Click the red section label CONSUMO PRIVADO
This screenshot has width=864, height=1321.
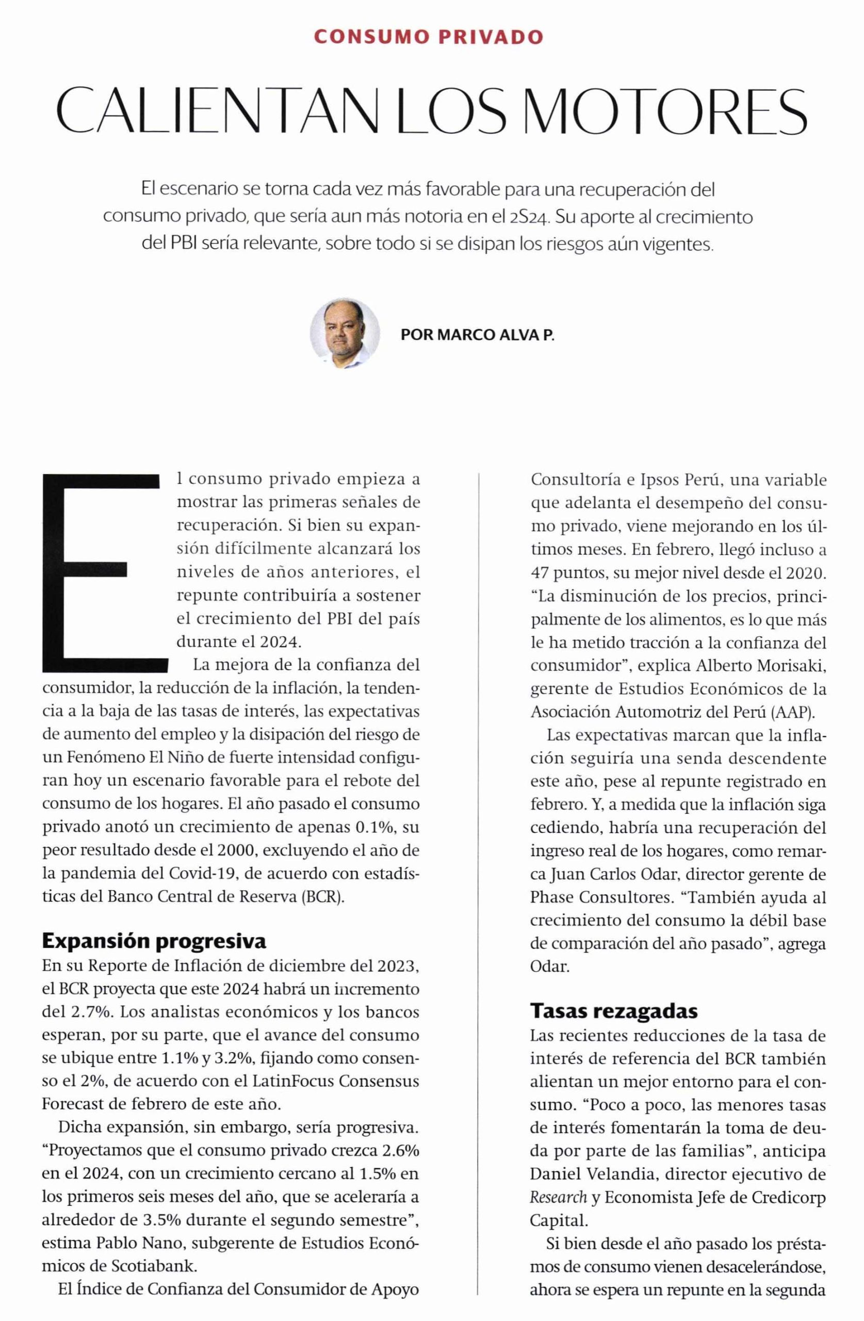pyautogui.click(x=428, y=37)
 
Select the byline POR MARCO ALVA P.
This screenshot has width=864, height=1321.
pyautogui.click(x=477, y=335)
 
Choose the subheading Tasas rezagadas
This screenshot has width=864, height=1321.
pyautogui.click(x=614, y=1011)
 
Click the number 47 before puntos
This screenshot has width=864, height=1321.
pyautogui.click(x=540, y=571)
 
